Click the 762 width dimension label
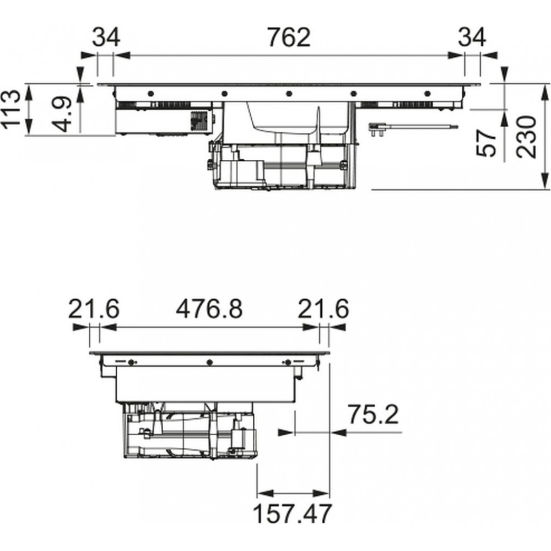click(x=289, y=37)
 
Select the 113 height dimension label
click(x=10, y=109)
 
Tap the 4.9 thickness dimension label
click(x=62, y=114)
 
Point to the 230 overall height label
click(x=526, y=136)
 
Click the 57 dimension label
click(x=486, y=143)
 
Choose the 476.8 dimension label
click(x=209, y=309)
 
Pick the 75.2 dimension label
click(x=373, y=414)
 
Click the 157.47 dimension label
click(x=292, y=514)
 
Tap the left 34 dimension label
click(x=106, y=37)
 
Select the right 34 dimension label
click(x=472, y=37)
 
